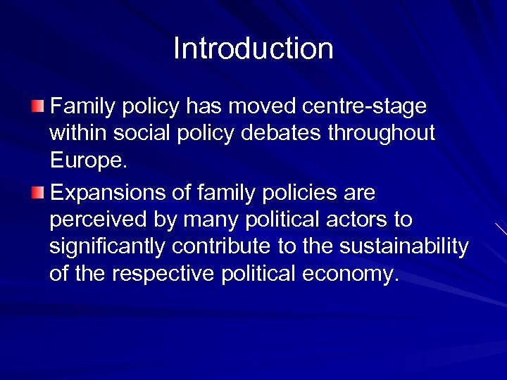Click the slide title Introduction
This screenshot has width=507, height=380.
(x=254, y=49)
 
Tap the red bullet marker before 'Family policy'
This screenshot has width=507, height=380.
(x=37, y=107)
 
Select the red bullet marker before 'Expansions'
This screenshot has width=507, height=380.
(x=37, y=193)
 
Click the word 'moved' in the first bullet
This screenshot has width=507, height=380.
(x=270, y=107)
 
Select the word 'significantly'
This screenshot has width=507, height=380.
(x=108, y=247)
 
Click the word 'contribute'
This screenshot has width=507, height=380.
(x=227, y=247)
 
